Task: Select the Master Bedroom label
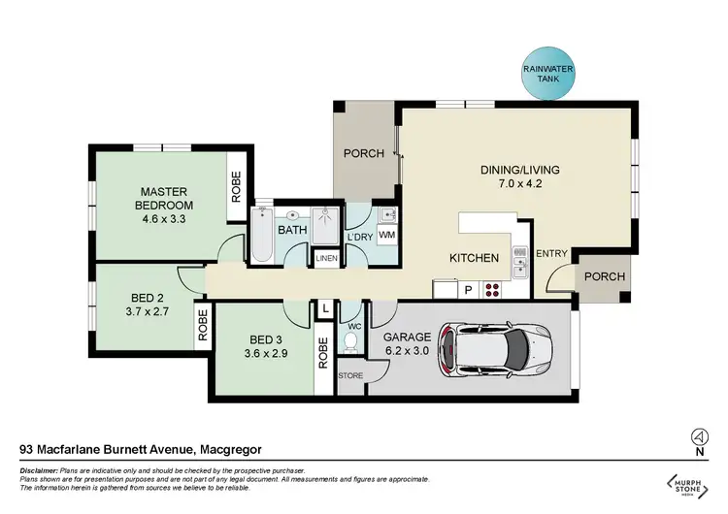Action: pyautogui.click(x=163, y=198)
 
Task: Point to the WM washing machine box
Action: pyautogui.click(x=385, y=235)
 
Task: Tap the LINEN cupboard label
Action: pyautogui.click(x=324, y=259)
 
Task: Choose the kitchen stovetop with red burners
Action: pyautogui.click(x=492, y=288)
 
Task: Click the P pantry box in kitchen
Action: pyautogui.click(x=467, y=288)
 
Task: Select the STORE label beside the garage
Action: pyautogui.click(x=349, y=373)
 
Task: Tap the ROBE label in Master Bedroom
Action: pyautogui.click(x=236, y=185)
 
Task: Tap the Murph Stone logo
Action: pyautogui.click(x=686, y=484)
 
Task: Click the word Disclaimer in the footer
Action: pyautogui.click(x=40, y=469)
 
